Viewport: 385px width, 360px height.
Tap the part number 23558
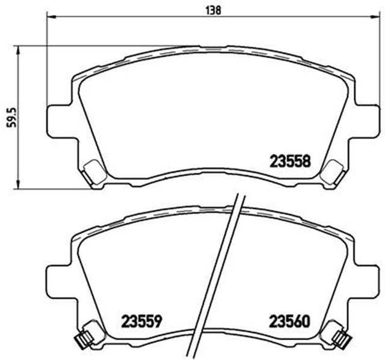tap(288, 160)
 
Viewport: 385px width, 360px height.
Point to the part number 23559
tap(143, 321)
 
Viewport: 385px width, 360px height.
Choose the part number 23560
tap(289, 321)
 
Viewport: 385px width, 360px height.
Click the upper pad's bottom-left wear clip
tap(93, 172)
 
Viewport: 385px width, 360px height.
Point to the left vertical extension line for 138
tap(47, 60)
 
